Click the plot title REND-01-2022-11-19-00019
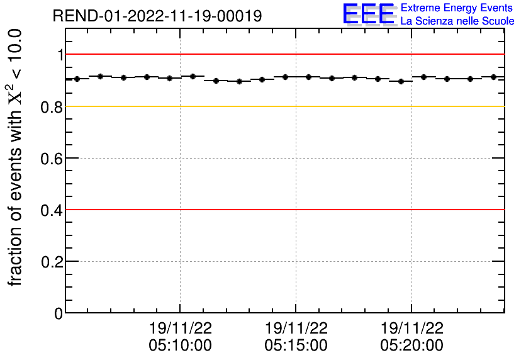(157, 16)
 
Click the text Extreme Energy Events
(457, 8)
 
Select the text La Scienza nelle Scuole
(457, 21)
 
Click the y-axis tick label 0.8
(53, 107)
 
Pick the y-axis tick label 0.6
(53, 159)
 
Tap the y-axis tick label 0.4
(53, 210)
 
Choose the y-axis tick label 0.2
(53, 262)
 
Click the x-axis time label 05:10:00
(181, 345)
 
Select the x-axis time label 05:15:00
(296, 345)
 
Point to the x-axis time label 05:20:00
(412, 345)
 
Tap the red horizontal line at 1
(283, 54)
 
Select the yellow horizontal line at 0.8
(283, 106)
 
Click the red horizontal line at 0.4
(283, 209)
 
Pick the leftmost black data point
(77, 79)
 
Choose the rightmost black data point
(493, 77)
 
